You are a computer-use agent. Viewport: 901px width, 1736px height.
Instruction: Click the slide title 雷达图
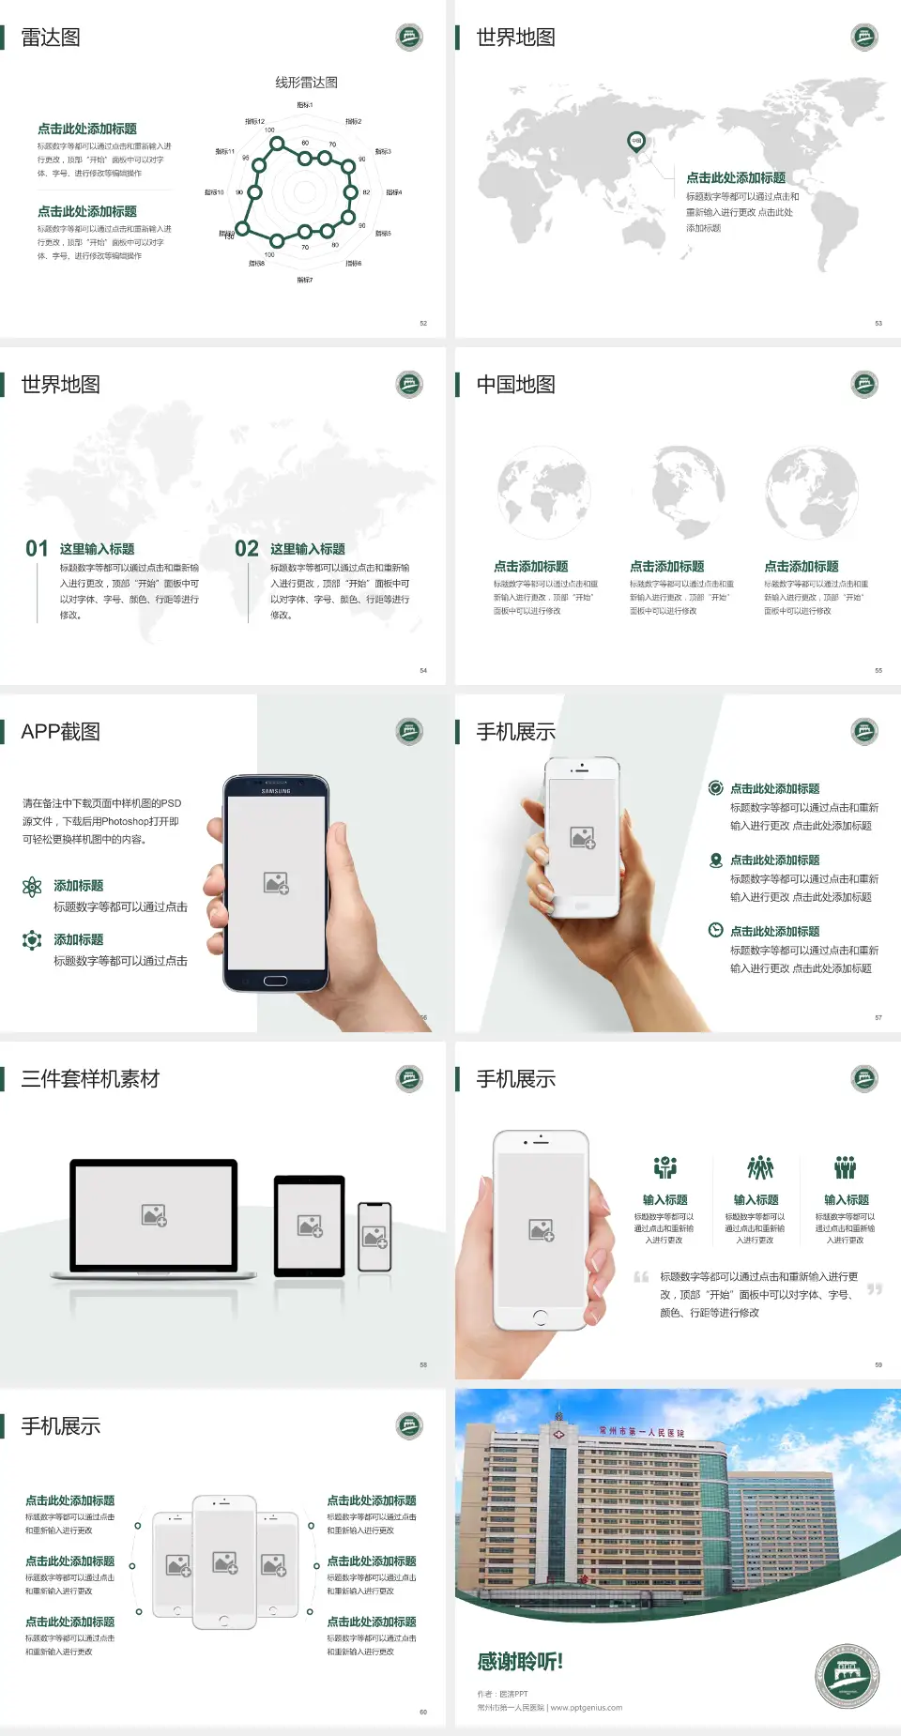click(51, 38)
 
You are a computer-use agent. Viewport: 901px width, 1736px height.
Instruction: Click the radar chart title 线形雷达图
click(306, 83)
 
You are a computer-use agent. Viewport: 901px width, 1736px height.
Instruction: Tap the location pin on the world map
click(635, 142)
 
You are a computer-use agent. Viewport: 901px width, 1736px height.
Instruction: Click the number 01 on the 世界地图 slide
click(37, 549)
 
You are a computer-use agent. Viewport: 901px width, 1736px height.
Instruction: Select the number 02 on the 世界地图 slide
click(247, 549)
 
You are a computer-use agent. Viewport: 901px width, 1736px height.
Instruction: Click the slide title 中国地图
click(515, 385)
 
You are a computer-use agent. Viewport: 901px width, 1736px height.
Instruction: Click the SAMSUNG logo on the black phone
click(276, 791)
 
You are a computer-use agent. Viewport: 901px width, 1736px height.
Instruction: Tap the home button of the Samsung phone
click(275, 981)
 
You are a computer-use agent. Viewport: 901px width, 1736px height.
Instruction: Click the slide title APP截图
click(61, 732)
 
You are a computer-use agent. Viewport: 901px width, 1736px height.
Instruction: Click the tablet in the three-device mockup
click(310, 1226)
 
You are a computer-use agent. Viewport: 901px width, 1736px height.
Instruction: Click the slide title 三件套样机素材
click(90, 1079)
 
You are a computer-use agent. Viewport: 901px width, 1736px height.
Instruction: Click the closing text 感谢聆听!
click(520, 1662)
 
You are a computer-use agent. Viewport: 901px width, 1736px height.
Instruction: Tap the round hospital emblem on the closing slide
click(847, 1676)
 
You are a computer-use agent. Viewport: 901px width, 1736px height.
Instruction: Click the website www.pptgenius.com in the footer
click(587, 1708)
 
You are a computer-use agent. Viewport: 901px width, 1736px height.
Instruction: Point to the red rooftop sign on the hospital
click(642, 1432)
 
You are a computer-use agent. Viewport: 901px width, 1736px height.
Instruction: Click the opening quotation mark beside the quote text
click(641, 1277)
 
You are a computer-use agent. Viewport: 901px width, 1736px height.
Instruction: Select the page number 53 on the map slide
click(878, 323)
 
